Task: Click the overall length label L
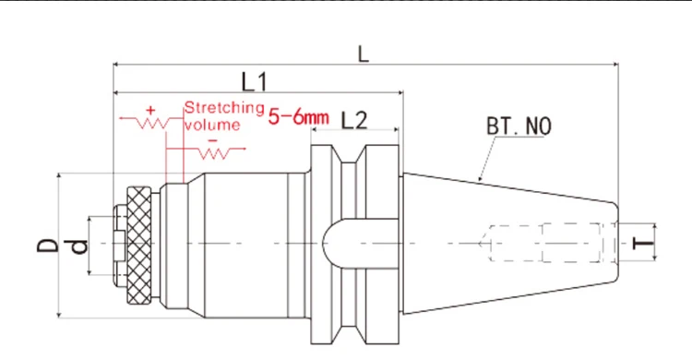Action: click(x=364, y=54)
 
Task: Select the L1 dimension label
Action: click(x=255, y=83)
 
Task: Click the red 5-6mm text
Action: click(x=298, y=117)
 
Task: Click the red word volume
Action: click(x=212, y=124)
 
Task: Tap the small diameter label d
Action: click(x=81, y=246)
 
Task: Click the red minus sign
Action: click(x=212, y=139)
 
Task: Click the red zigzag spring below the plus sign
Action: click(x=148, y=123)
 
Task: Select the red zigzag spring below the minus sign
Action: click(x=213, y=151)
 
